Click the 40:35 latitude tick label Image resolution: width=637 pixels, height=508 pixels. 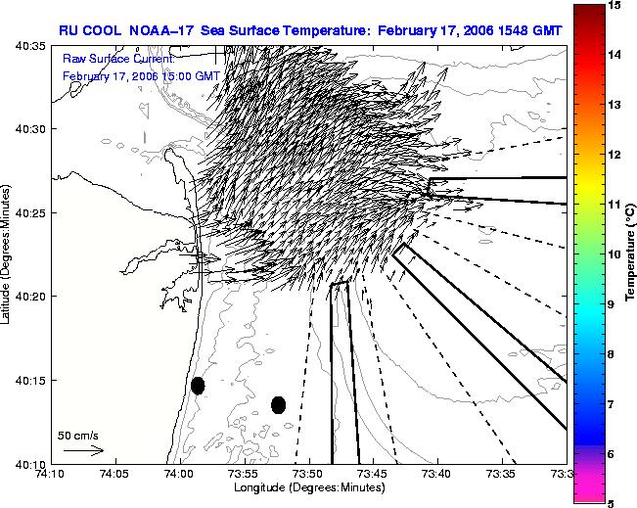click(30, 46)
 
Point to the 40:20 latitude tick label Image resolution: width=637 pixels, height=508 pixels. click(30, 297)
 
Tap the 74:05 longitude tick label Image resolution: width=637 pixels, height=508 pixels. click(115, 474)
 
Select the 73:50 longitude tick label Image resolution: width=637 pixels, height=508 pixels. click(310, 474)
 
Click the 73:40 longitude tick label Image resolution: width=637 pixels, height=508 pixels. click(438, 474)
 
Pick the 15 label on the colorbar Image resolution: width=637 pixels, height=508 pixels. click(615, 5)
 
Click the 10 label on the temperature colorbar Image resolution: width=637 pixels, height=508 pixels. click(615, 254)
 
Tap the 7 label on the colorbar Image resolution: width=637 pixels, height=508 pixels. click(612, 404)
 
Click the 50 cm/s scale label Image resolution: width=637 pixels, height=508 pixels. click(78, 436)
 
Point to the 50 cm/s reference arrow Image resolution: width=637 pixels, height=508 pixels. click(84, 450)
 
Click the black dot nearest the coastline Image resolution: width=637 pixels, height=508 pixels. click(198, 386)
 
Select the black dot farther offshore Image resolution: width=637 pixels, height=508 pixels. click(278, 405)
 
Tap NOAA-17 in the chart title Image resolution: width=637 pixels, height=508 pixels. click(160, 30)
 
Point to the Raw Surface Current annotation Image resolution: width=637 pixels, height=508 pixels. click(118, 60)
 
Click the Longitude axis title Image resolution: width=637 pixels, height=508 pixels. click(309, 487)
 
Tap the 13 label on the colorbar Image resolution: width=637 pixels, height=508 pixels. click(615, 105)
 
